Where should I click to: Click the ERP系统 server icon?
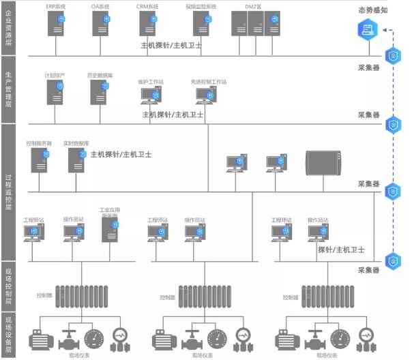55,24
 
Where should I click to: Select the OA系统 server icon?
100,24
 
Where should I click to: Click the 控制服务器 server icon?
40,160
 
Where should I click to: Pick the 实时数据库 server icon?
76,160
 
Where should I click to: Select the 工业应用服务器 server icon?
110,230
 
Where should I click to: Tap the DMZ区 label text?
253,5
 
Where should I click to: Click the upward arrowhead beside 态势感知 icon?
384,29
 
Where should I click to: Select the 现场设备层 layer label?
8,333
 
